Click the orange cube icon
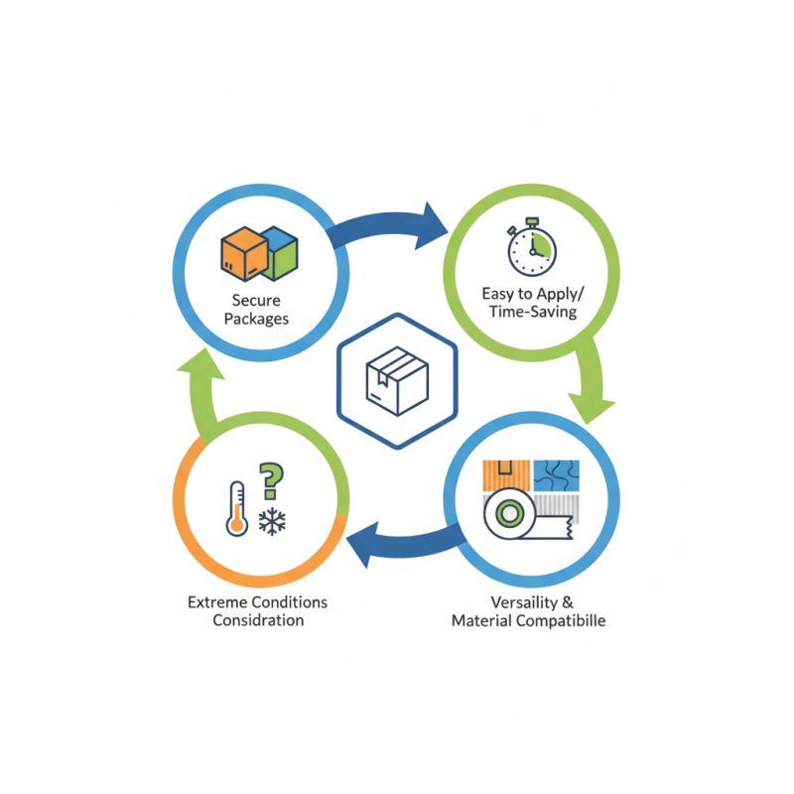point(244,254)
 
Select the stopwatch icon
point(532,247)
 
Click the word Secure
point(256,301)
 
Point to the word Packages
point(256,319)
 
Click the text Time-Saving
point(533,312)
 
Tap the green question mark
point(271,481)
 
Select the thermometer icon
point(237,509)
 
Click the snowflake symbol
point(272,521)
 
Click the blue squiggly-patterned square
point(557,475)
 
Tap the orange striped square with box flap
point(506,475)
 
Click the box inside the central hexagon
point(398,381)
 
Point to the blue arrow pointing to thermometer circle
point(405,546)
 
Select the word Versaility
point(524,602)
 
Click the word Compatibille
point(561,621)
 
